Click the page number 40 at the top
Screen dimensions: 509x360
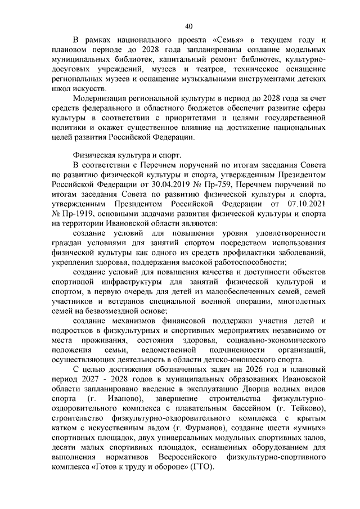[x=188, y=24]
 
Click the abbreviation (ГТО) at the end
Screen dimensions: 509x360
[x=202, y=466]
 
